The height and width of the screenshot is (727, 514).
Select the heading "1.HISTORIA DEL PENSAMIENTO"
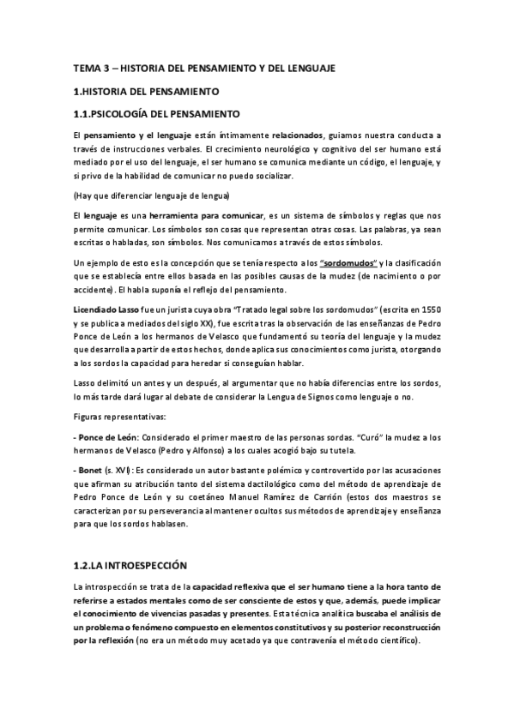[x=147, y=90]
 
